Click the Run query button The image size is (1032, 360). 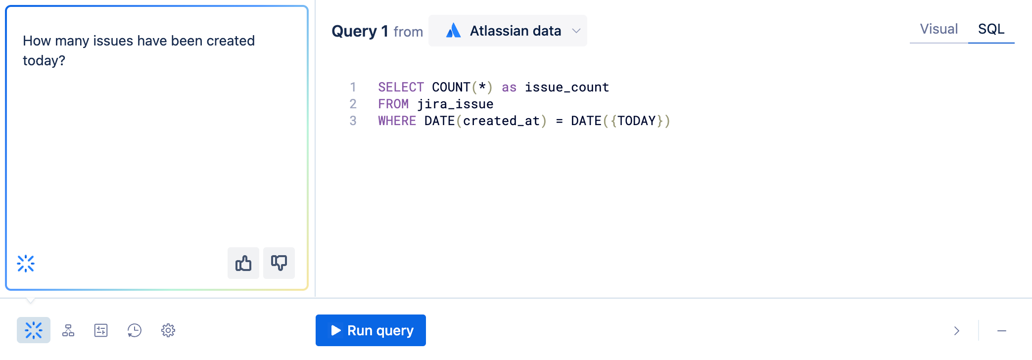[371, 330]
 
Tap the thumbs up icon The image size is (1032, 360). [243, 263]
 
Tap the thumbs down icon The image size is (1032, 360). [279, 263]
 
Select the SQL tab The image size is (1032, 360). [991, 29]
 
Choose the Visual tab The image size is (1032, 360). [938, 29]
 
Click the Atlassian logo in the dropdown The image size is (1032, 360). [453, 31]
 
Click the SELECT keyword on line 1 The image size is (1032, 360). [401, 88]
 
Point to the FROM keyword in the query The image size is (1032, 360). [393, 104]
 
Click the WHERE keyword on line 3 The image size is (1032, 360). [397, 121]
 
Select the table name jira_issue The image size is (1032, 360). [455, 104]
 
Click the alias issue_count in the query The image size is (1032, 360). [566, 88]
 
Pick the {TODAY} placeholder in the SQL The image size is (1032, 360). [636, 121]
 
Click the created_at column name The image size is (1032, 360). [501, 121]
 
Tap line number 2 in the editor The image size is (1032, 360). [353, 104]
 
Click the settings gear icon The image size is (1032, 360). [168, 330]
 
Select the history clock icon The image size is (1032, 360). [135, 330]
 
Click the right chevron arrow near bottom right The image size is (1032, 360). [956, 331]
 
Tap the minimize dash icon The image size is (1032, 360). [1002, 331]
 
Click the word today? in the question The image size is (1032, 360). [44, 61]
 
